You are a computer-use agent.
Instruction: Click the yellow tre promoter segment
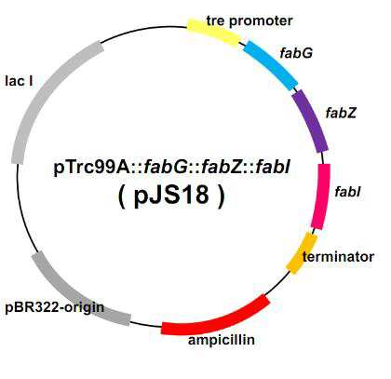click(213, 32)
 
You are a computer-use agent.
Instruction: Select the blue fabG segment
click(270, 65)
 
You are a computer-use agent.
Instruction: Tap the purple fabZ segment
click(310, 121)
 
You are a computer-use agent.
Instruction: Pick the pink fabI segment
click(321, 196)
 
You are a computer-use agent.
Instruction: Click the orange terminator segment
click(302, 253)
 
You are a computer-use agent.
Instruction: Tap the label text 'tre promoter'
click(249, 20)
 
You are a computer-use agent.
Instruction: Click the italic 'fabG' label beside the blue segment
click(296, 53)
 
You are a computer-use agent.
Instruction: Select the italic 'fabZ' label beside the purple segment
click(341, 113)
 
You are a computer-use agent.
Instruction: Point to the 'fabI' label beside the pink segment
click(347, 192)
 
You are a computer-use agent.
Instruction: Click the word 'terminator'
click(338, 257)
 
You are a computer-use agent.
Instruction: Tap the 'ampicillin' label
click(222, 340)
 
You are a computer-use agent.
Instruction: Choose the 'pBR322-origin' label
click(55, 307)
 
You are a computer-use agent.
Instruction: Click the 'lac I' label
click(19, 81)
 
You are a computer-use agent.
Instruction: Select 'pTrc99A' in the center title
click(93, 168)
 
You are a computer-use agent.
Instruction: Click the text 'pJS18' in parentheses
click(171, 196)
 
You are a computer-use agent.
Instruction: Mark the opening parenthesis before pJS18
click(121, 196)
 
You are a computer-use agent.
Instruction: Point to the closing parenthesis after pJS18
click(222, 196)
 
